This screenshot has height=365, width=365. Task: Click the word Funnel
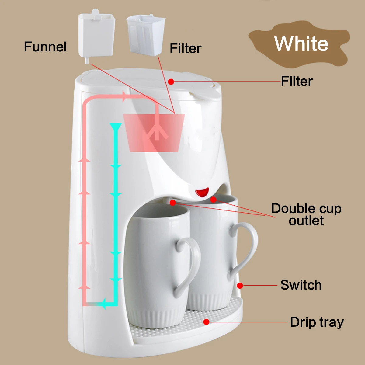pyautogui.click(x=45, y=47)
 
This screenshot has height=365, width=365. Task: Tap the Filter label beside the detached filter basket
pyautogui.click(x=186, y=48)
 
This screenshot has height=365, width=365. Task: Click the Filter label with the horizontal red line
pyautogui.click(x=297, y=81)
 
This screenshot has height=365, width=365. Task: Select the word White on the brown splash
pyautogui.click(x=301, y=44)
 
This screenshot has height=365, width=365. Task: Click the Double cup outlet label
pyautogui.click(x=306, y=214)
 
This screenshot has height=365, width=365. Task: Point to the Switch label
pyautogui.click(x=301, y=285)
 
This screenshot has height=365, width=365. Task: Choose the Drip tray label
pyautogui.click(x=317, y=322)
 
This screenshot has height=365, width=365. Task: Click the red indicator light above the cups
pyautogui.click(x=202, y=192)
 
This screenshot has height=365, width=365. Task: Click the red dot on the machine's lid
pyautogui.click(x=171, y=82)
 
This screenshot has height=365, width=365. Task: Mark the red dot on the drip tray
pyautogui.click(x=207, y=322)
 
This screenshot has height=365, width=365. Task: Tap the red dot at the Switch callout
pyautogui.click(x=240, y=286)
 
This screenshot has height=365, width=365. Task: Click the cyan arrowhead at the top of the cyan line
pyautogui.click(x=116, y=127)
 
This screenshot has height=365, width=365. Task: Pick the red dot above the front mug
pyautogui.click(x=172, y=203)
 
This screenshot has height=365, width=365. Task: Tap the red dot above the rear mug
pyautogui.click(x=213, y=200)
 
